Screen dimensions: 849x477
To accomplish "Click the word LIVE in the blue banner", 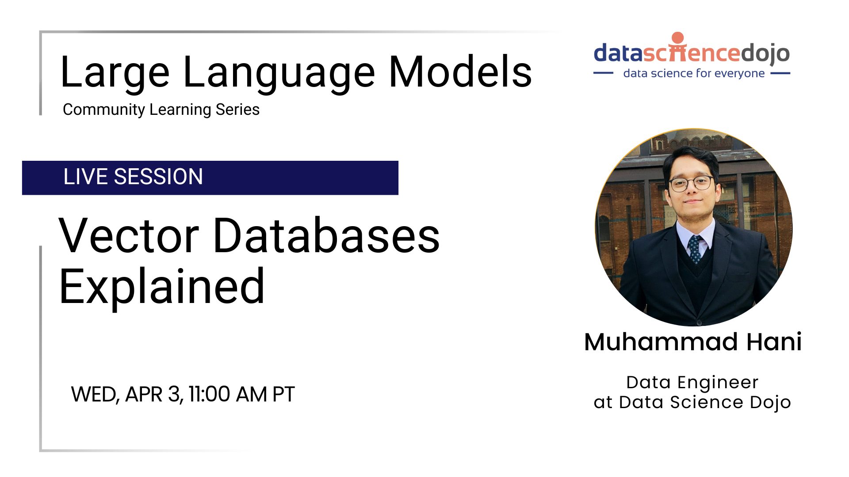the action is tap(86, 177).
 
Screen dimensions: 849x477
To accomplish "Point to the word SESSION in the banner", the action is tap(158, 177).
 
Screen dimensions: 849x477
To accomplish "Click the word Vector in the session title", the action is tap(129, 236).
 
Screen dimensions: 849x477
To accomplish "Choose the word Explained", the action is tap(162, 288).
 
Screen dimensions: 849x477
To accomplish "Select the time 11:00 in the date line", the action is tap(209, 394).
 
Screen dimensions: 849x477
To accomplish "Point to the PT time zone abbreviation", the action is tap(283, 394).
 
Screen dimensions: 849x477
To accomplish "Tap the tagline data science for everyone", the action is tap(694, 73).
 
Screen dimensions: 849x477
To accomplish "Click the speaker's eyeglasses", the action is tap(691, 183).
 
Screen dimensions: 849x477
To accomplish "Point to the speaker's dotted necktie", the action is tap(695, 249).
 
